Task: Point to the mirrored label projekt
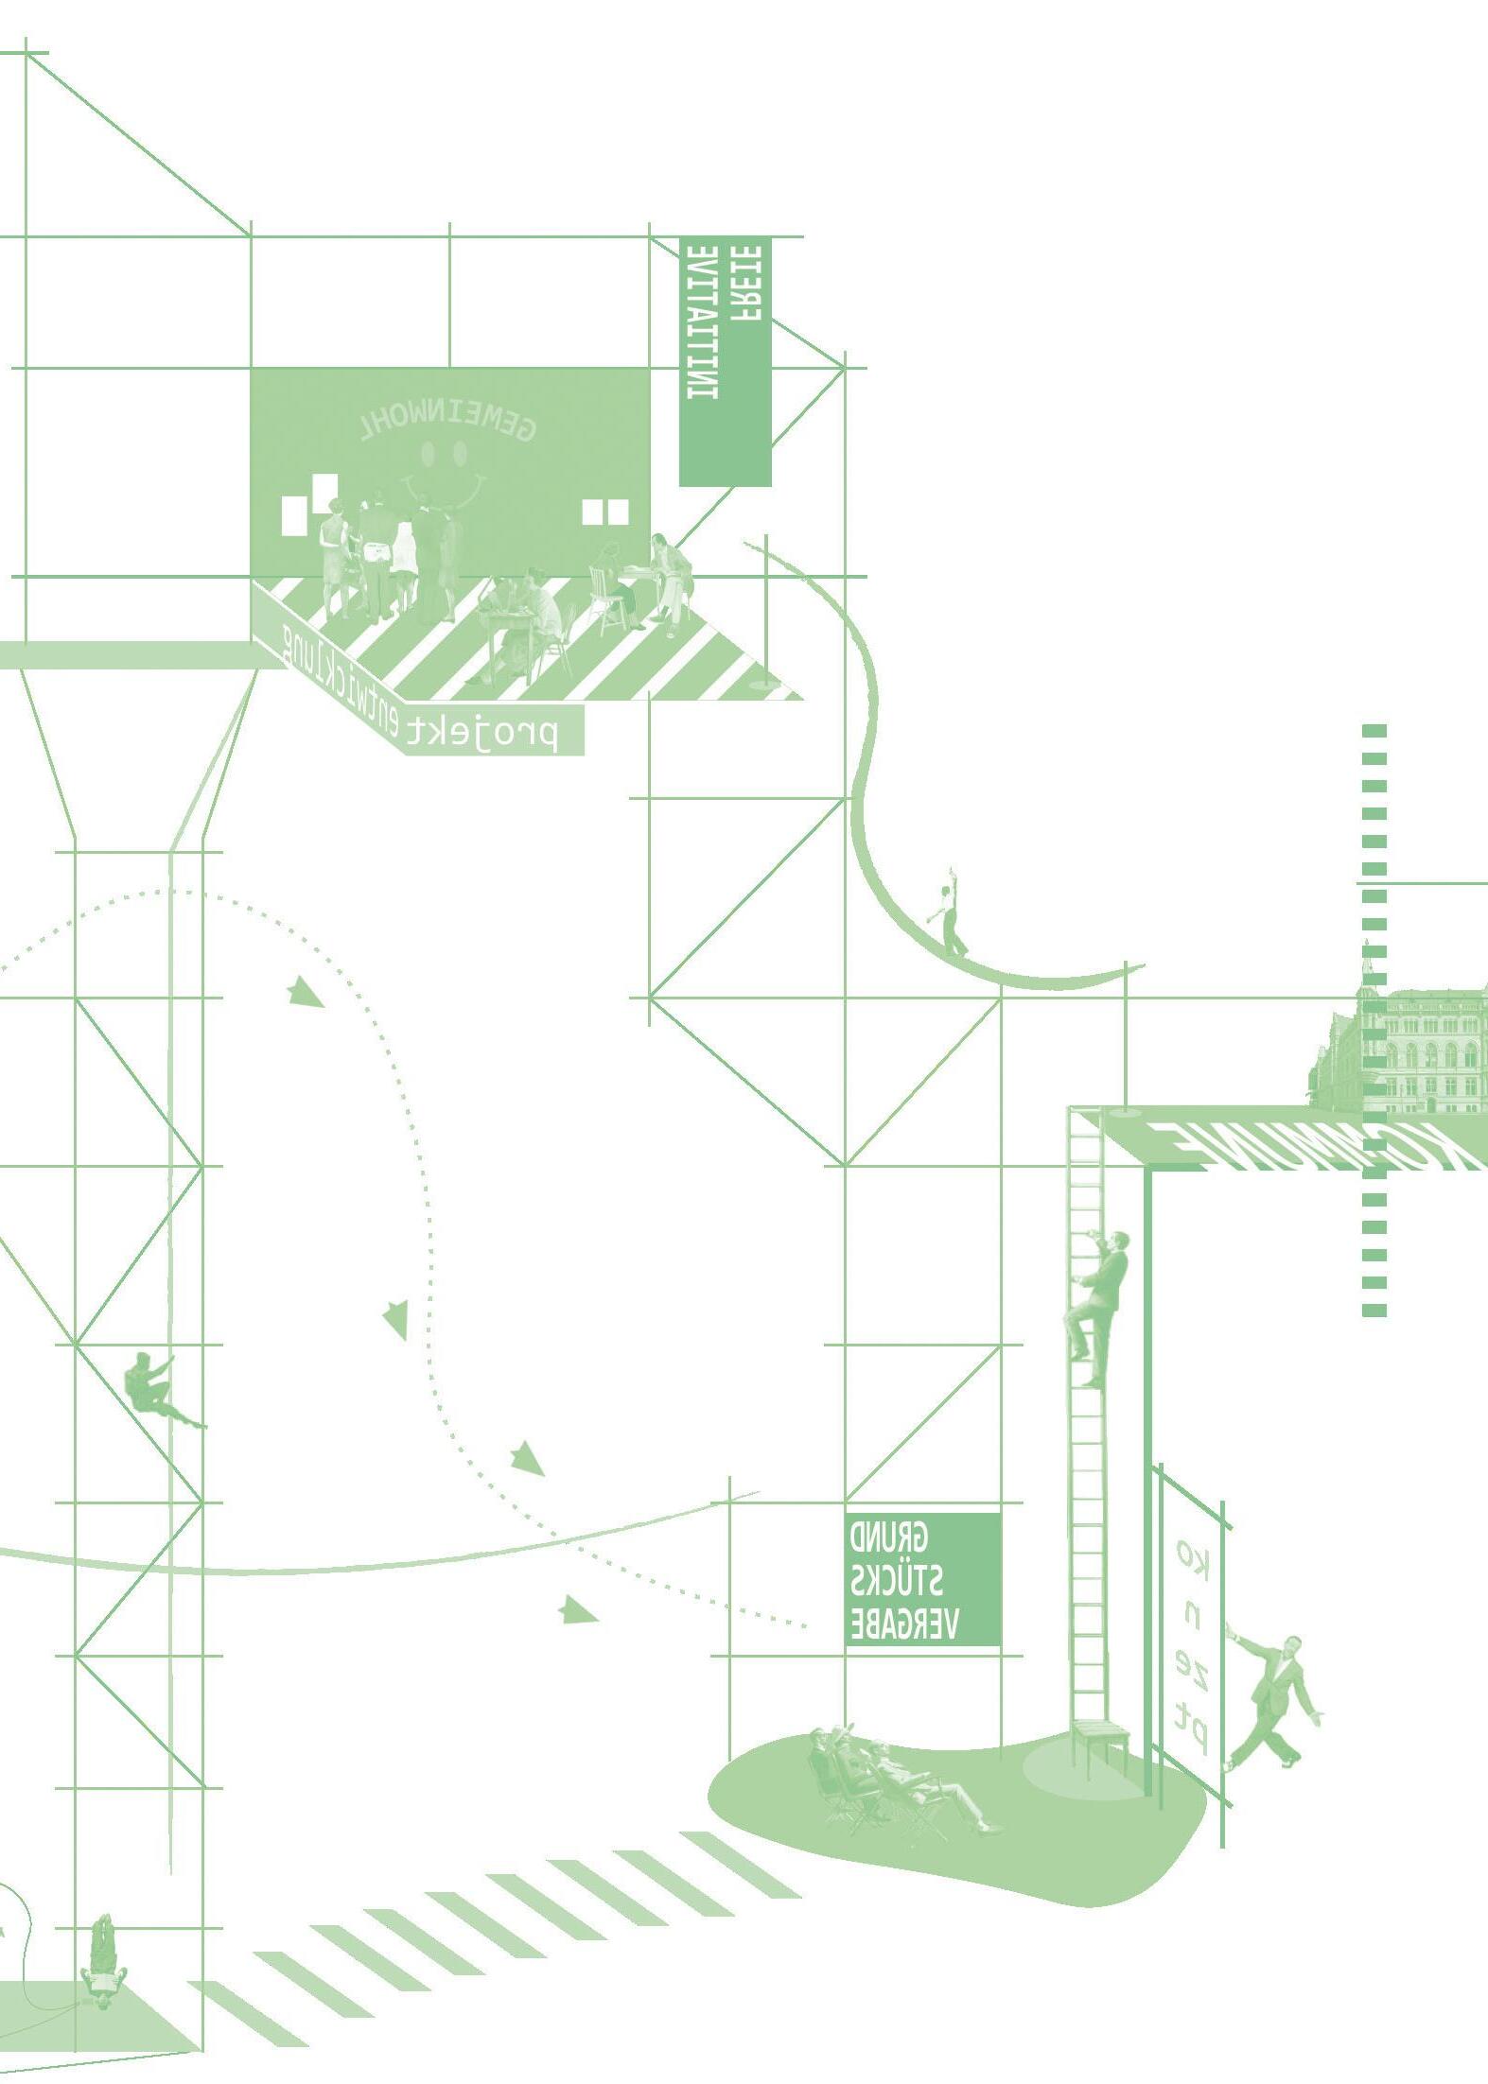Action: (x=483, y=732)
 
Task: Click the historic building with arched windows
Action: (x=1409, y=1050)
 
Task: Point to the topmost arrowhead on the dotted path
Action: (x=304, y=993)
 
